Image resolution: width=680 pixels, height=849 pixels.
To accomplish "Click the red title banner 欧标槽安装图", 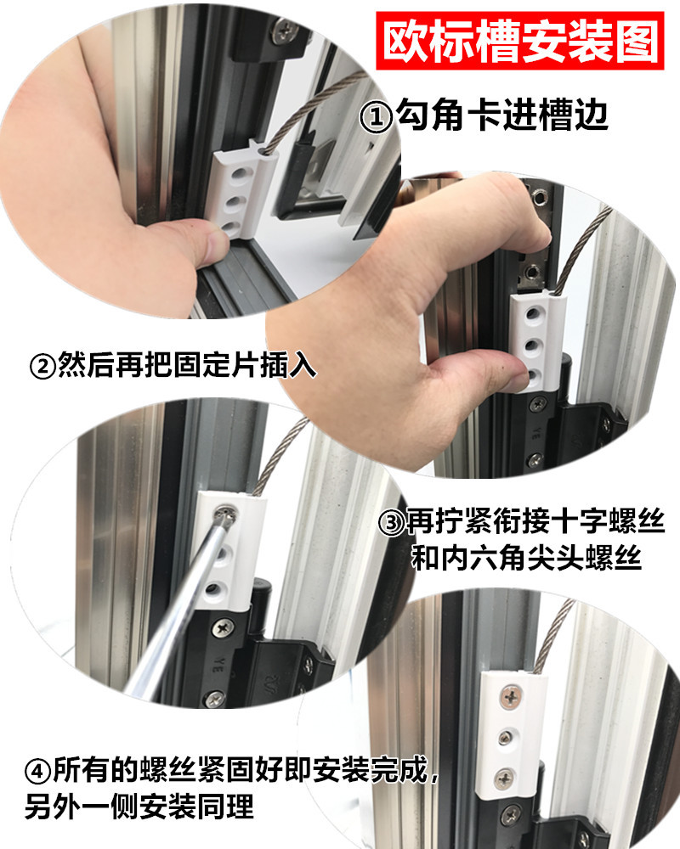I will point(520,40).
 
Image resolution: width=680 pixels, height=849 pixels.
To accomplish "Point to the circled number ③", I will point(392,520).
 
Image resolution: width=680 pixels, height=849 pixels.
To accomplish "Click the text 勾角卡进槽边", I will point(501,116).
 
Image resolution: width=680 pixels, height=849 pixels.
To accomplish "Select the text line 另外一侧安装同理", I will point(140,803).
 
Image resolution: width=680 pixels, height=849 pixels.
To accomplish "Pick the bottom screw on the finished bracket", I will point(506,774).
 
